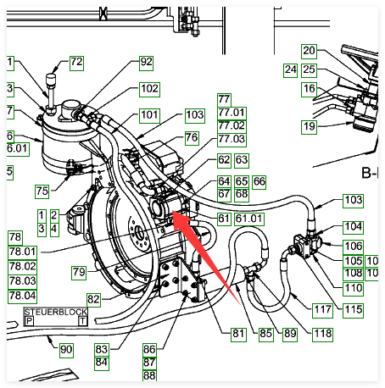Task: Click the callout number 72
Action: click(76, 63)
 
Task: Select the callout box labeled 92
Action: click(146, 63)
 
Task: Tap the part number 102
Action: click(149, 90)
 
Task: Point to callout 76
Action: click(192, 138)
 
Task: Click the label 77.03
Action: click(232, 140)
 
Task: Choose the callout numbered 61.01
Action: click(249, 219)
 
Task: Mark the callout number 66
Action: click(259, 182)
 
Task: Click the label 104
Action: click(353, 228)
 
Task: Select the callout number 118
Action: click(322, 335)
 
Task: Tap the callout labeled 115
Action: click(353, 310)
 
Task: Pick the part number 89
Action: click(290, 335)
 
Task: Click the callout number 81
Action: click(238, 335)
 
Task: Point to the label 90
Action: click(66, 351)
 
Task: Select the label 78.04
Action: click(22, 297)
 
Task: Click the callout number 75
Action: click(42, 191)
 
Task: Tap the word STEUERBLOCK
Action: click(56, 312)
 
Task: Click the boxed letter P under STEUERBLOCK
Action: click(29, 321)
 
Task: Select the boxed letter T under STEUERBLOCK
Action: click(83, 321)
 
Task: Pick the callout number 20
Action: click(309, 52)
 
